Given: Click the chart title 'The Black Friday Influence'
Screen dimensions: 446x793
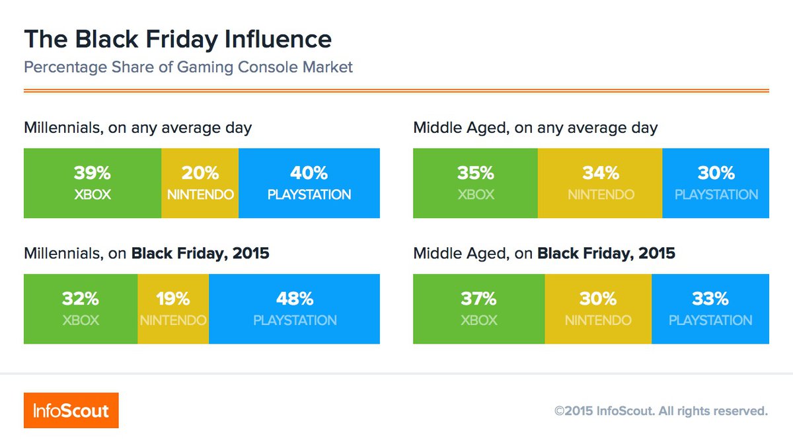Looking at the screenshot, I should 178,40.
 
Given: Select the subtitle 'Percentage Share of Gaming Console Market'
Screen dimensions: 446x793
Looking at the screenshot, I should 188,67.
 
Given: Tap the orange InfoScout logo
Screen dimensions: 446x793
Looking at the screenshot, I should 71,410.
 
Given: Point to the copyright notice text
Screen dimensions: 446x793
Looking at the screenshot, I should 661,411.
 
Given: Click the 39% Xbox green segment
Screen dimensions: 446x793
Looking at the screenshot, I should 93,183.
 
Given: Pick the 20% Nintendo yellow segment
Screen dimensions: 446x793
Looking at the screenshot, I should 200,183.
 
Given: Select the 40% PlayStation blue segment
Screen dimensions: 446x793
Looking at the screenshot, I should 309,183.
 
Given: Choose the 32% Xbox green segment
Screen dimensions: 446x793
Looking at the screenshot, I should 81,309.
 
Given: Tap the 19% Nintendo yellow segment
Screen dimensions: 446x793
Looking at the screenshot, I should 173,309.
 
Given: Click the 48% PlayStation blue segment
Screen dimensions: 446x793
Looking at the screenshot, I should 295,309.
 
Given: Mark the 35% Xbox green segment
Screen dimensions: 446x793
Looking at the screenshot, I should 475,183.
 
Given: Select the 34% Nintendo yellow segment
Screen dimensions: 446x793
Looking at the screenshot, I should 600,183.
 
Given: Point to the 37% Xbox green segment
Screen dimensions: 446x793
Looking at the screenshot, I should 478,309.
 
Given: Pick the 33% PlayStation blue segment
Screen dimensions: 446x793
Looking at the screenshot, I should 710,309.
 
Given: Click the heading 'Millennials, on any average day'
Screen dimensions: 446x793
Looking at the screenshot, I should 137,128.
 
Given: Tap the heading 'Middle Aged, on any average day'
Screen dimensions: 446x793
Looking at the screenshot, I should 535,128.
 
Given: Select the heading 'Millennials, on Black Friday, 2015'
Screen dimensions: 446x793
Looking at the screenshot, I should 146,253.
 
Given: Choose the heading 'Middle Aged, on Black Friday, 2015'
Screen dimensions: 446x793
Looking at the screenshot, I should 544,253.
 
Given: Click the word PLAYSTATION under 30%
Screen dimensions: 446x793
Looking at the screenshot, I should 716,195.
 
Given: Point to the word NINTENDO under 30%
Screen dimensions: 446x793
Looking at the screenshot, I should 598,320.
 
